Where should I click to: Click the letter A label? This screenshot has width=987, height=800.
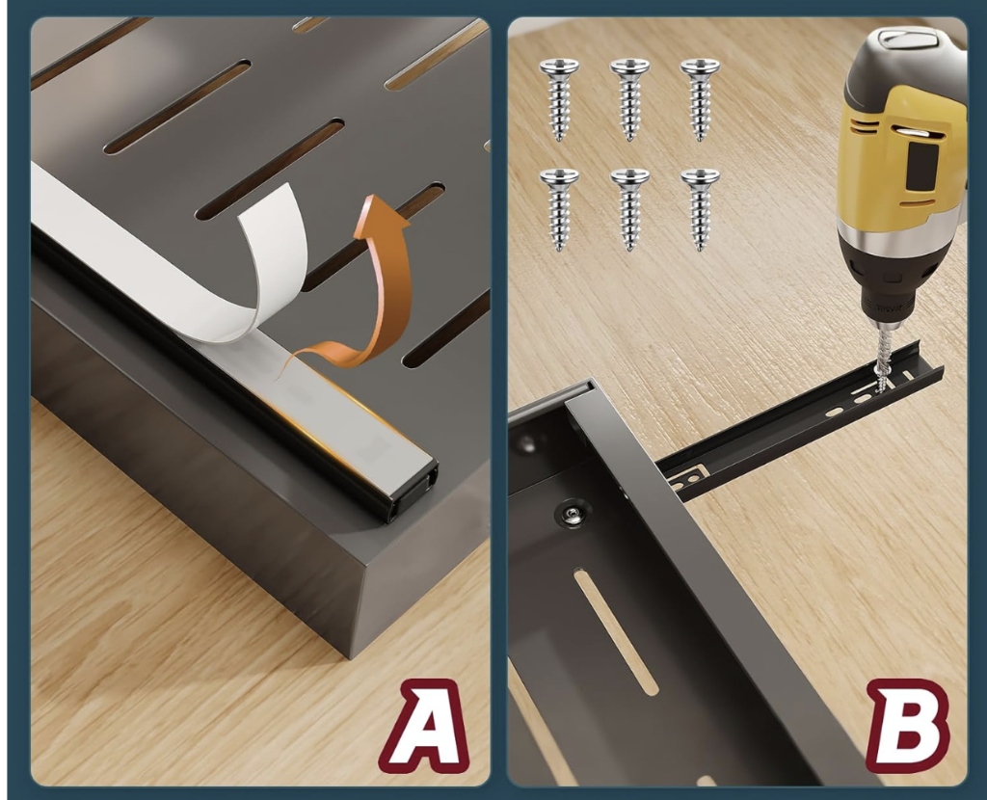427,728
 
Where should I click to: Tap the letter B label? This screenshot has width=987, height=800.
907,727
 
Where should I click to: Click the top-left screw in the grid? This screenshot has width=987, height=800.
560,99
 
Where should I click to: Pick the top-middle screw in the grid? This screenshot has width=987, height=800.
630,99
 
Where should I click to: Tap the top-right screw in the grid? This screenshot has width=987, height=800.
700,99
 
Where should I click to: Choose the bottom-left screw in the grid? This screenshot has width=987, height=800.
560,209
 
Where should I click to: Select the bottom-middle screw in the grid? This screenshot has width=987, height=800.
630,209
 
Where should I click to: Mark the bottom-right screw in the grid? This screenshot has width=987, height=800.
700,209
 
